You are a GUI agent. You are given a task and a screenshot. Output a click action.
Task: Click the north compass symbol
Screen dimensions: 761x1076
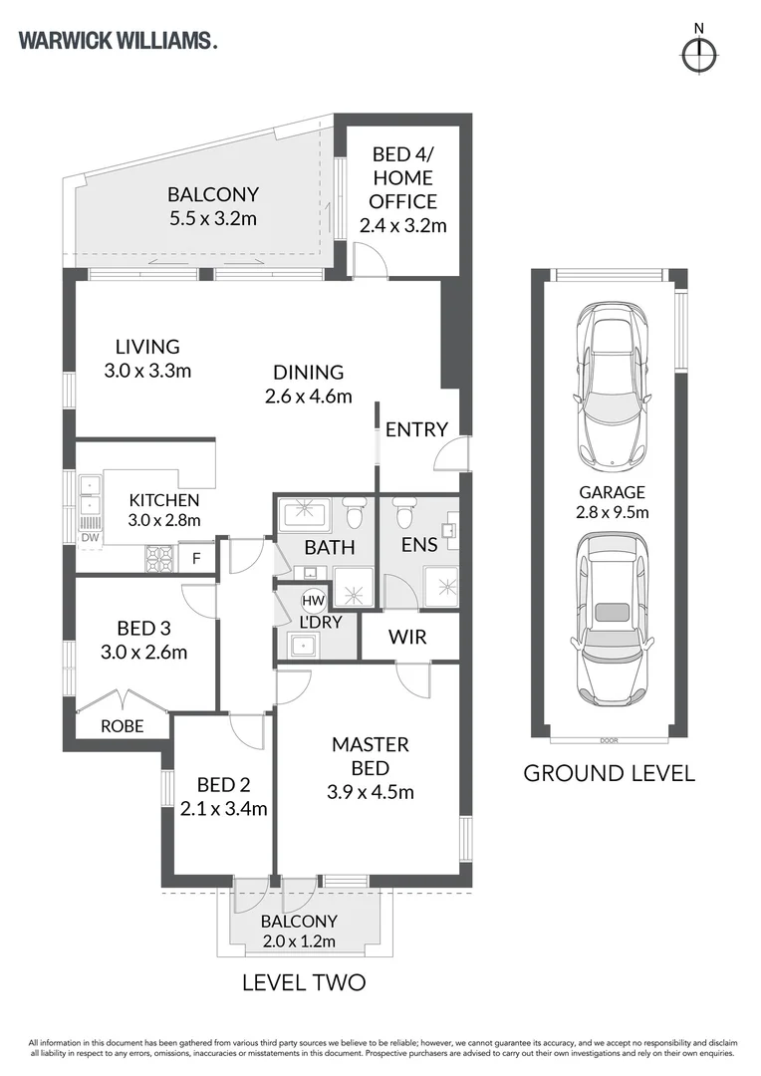(699, 54)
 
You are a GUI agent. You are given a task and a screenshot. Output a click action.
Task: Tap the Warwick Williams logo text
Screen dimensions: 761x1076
(118, 41)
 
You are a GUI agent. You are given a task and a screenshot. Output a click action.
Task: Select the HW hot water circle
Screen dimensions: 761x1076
(313, 601)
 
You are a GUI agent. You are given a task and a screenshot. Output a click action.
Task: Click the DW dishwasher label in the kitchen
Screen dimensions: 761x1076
(90, 538)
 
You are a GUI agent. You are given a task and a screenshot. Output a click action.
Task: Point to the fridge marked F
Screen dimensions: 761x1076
(196, 558)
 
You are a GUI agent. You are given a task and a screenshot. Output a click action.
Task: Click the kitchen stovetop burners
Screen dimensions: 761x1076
(160, 558)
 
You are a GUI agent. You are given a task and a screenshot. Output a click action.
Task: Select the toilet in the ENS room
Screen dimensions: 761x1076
(402, 511)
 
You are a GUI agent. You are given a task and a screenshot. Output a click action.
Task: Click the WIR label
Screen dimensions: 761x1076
(407, 637)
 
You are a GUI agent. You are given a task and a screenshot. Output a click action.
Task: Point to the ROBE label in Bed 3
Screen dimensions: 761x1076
(123, 726)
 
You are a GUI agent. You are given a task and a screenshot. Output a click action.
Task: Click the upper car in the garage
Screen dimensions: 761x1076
(613, 386)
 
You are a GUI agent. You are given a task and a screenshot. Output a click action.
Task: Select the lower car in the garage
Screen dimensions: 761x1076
(613, 619)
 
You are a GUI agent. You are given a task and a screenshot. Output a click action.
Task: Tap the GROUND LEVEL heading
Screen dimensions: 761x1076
(609, 773)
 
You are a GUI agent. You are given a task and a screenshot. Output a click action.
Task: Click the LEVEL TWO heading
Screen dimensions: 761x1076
(304, 982)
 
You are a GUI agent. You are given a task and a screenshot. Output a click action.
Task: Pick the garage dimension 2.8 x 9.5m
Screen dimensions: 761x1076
(613, 512)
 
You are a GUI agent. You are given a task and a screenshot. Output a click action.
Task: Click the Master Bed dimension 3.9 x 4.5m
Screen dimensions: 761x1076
(371, 792)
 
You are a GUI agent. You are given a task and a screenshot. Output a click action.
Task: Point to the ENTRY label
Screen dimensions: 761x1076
(416, 429)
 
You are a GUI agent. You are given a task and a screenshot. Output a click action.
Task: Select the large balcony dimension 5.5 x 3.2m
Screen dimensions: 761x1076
(213, 218)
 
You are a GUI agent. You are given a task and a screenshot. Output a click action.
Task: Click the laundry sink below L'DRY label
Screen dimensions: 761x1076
(303, 645)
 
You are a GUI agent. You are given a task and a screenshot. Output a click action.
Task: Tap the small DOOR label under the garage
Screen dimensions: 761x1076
(609, 740)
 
